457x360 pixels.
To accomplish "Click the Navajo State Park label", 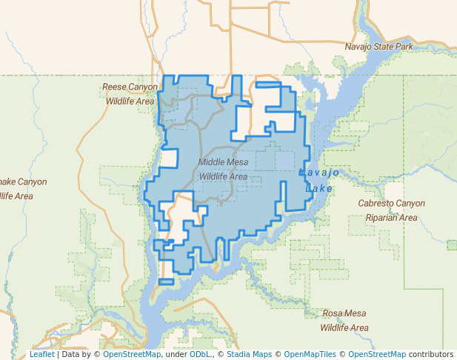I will coord(378,47).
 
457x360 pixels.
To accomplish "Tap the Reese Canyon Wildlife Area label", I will coord(130,93).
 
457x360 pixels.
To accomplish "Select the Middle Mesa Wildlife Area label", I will coord(223,169).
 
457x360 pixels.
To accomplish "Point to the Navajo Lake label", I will coord(319,180).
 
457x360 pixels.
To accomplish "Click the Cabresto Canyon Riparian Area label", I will coord(391,210).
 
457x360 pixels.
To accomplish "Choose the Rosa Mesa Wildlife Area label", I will coord(344,320).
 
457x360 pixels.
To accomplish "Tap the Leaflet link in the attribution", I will coord(41,354).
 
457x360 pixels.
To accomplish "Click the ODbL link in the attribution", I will coord(199,354).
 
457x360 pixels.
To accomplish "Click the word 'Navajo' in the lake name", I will coord(319,173).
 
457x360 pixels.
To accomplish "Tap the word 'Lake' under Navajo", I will coord(319,188).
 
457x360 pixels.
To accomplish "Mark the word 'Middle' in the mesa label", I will coord(213,161).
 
